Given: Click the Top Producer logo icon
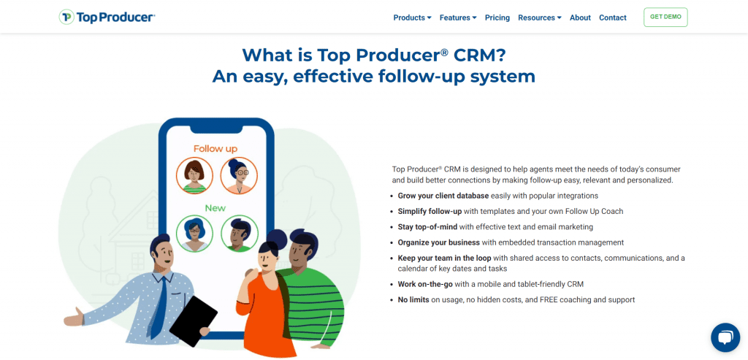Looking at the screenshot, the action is (66, 18).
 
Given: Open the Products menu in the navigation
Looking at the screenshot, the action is (412, 18).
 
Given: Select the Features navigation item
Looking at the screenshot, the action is (458, 18).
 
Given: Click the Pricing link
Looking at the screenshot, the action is (497, 18).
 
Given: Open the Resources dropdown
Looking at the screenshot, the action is (540, 18).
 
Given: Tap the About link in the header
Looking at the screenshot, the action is (580, 18).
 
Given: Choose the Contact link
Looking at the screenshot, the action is (613, 18).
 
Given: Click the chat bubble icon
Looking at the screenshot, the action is (725, 337).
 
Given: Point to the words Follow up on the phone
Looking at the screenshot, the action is (215, 149).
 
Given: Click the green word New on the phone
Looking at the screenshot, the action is (215, 208).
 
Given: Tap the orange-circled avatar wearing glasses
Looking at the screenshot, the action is (239, 175).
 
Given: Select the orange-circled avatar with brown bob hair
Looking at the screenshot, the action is (194, 175).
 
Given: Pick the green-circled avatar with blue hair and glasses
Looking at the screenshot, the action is (194, 234).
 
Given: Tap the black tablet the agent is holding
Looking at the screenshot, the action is (193, 321).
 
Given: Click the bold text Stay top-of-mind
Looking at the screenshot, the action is (427, 227).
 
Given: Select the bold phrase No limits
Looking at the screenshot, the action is (413, 300).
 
